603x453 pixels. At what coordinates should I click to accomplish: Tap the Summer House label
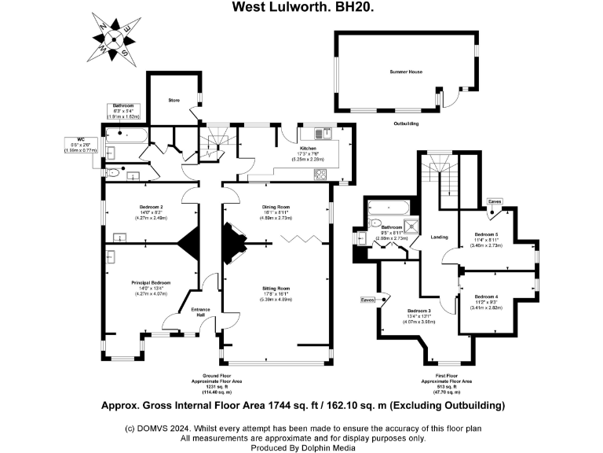point(406,72)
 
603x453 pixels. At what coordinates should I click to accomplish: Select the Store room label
point(174,100)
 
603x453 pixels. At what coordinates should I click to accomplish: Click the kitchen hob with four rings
point(321,175)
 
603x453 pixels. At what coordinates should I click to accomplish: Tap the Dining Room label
point(276,209)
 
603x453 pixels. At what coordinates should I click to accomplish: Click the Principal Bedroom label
point(150,285)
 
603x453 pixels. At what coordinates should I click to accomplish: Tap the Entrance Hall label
point(201,312)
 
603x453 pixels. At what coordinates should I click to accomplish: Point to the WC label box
point(80,143)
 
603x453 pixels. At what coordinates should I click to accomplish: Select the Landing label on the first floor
point(439,237)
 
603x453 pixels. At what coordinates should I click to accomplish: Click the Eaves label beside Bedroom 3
point(367,300)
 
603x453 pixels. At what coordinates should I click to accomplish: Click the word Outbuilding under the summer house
point(405,123)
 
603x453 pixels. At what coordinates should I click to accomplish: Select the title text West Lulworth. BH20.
point(302,7)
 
